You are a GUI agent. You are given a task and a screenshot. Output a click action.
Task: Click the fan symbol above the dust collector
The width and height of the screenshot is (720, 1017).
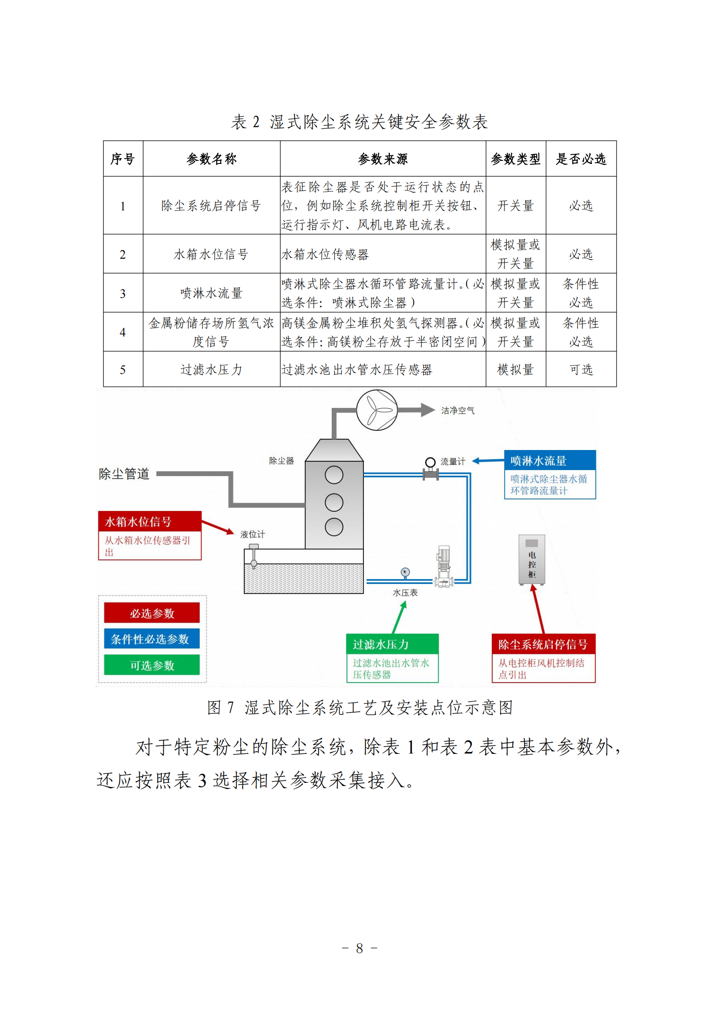pyautogui.click(x=377, y=410)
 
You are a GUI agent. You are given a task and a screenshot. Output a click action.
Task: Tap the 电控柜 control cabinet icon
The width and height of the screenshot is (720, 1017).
pyautogui.click(x=532, y=560)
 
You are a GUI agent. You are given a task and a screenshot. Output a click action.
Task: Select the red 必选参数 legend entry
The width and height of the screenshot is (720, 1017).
pyautogui.click(x=151, y=613)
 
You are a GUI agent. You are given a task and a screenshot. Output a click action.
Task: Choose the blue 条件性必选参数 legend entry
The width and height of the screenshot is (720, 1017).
pyautogui.click(x=151, y=639)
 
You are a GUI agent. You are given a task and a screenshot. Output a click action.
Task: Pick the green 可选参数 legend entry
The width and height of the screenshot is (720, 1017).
pyautogui.click(x=151, y=665)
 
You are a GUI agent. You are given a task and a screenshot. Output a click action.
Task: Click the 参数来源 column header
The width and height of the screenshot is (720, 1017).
pyautogui.click(x=383, y=159)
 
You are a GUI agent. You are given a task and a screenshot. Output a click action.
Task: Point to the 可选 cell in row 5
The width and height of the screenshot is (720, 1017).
pyautogui.click(x=581, y=370)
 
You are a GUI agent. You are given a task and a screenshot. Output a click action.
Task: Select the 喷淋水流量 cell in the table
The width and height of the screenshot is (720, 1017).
pyautogui.click(x=211, y=293)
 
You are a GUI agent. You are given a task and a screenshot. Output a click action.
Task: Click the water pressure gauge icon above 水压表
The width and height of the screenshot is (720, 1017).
pyautogui.click(x=405, y=573)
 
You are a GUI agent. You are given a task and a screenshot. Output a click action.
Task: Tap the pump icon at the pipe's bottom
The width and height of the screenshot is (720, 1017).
pyautogui.click(x=444, y=567)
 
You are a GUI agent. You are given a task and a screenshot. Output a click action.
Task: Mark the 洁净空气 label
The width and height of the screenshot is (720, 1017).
pyautogui.click(x=458, y=410)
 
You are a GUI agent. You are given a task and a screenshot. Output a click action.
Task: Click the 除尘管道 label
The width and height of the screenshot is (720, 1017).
pyautogui.click(x=124, y=473)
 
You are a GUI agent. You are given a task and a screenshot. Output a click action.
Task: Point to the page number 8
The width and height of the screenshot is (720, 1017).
pyautogui.click(x=360, y=948)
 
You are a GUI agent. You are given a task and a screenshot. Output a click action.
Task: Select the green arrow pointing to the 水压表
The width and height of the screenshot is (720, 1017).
pyautogui.click(x=399, y=617)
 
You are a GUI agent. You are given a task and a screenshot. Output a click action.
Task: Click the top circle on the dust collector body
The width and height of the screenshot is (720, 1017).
pyautogui.click(x=334, y=475)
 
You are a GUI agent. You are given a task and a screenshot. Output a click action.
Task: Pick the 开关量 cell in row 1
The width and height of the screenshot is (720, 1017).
pyautogui.click(x=515, y=206)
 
